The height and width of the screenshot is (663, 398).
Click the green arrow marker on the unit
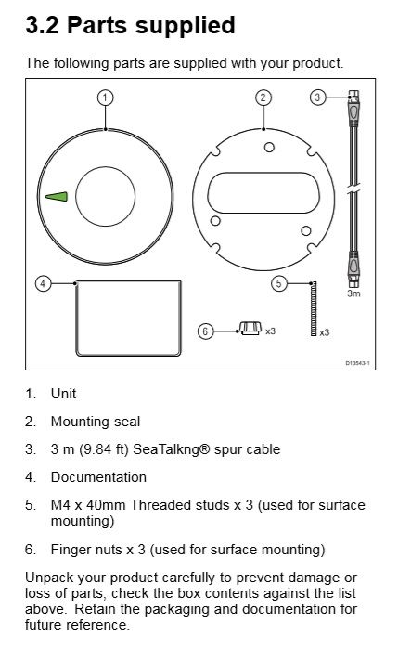(57, 197)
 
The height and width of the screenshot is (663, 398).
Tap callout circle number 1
(105, 97)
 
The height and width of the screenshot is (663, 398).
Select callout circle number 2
(263, 97)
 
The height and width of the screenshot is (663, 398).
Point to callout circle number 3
(318, 97)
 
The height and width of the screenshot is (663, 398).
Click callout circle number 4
(43, 283)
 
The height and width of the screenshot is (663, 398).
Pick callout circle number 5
(279, 283)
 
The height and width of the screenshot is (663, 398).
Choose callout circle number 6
(206, 331)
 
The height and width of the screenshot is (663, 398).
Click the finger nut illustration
(250, 328)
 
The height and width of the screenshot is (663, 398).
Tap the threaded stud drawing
(314, 309)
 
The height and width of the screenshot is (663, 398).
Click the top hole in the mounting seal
(269, 147)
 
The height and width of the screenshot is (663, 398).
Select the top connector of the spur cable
(353, 109)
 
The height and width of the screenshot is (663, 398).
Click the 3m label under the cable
(353, 293)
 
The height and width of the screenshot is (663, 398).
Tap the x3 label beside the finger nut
(270, 331)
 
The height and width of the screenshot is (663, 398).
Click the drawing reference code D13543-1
(357, 363)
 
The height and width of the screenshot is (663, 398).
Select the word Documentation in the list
(98, 477)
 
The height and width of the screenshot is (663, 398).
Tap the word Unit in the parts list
(63, 394)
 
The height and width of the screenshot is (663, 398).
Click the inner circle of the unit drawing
(105, 166)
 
